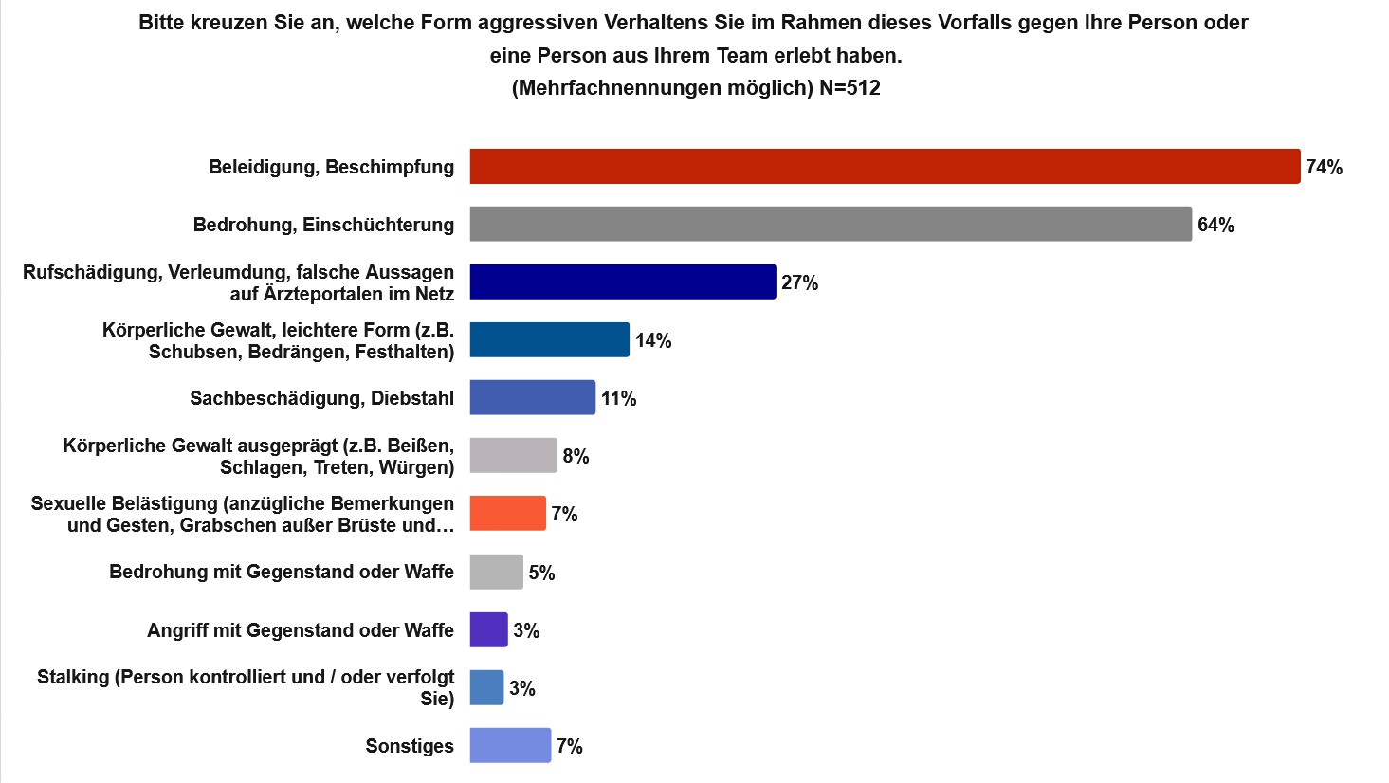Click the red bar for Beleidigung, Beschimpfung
[885, 167]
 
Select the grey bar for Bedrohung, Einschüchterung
[831, 225]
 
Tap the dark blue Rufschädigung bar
[623, 282]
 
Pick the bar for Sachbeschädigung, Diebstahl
[533, 398]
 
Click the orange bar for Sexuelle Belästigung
[508, 514]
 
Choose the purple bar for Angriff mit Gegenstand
[489, 630]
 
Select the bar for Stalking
[487, 688]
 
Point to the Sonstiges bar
[510, 746]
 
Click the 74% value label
[1325, 168]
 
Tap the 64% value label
[1215, 226]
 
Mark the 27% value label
[799, 283]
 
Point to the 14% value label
[653, 341]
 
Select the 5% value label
[541, 573]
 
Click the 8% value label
[576, 457]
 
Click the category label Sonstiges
[410, 747]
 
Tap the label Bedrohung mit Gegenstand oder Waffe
[282, 573]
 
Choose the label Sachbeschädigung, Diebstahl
[321, 398]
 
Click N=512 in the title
[850, 88]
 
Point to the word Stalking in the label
[72, 677]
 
